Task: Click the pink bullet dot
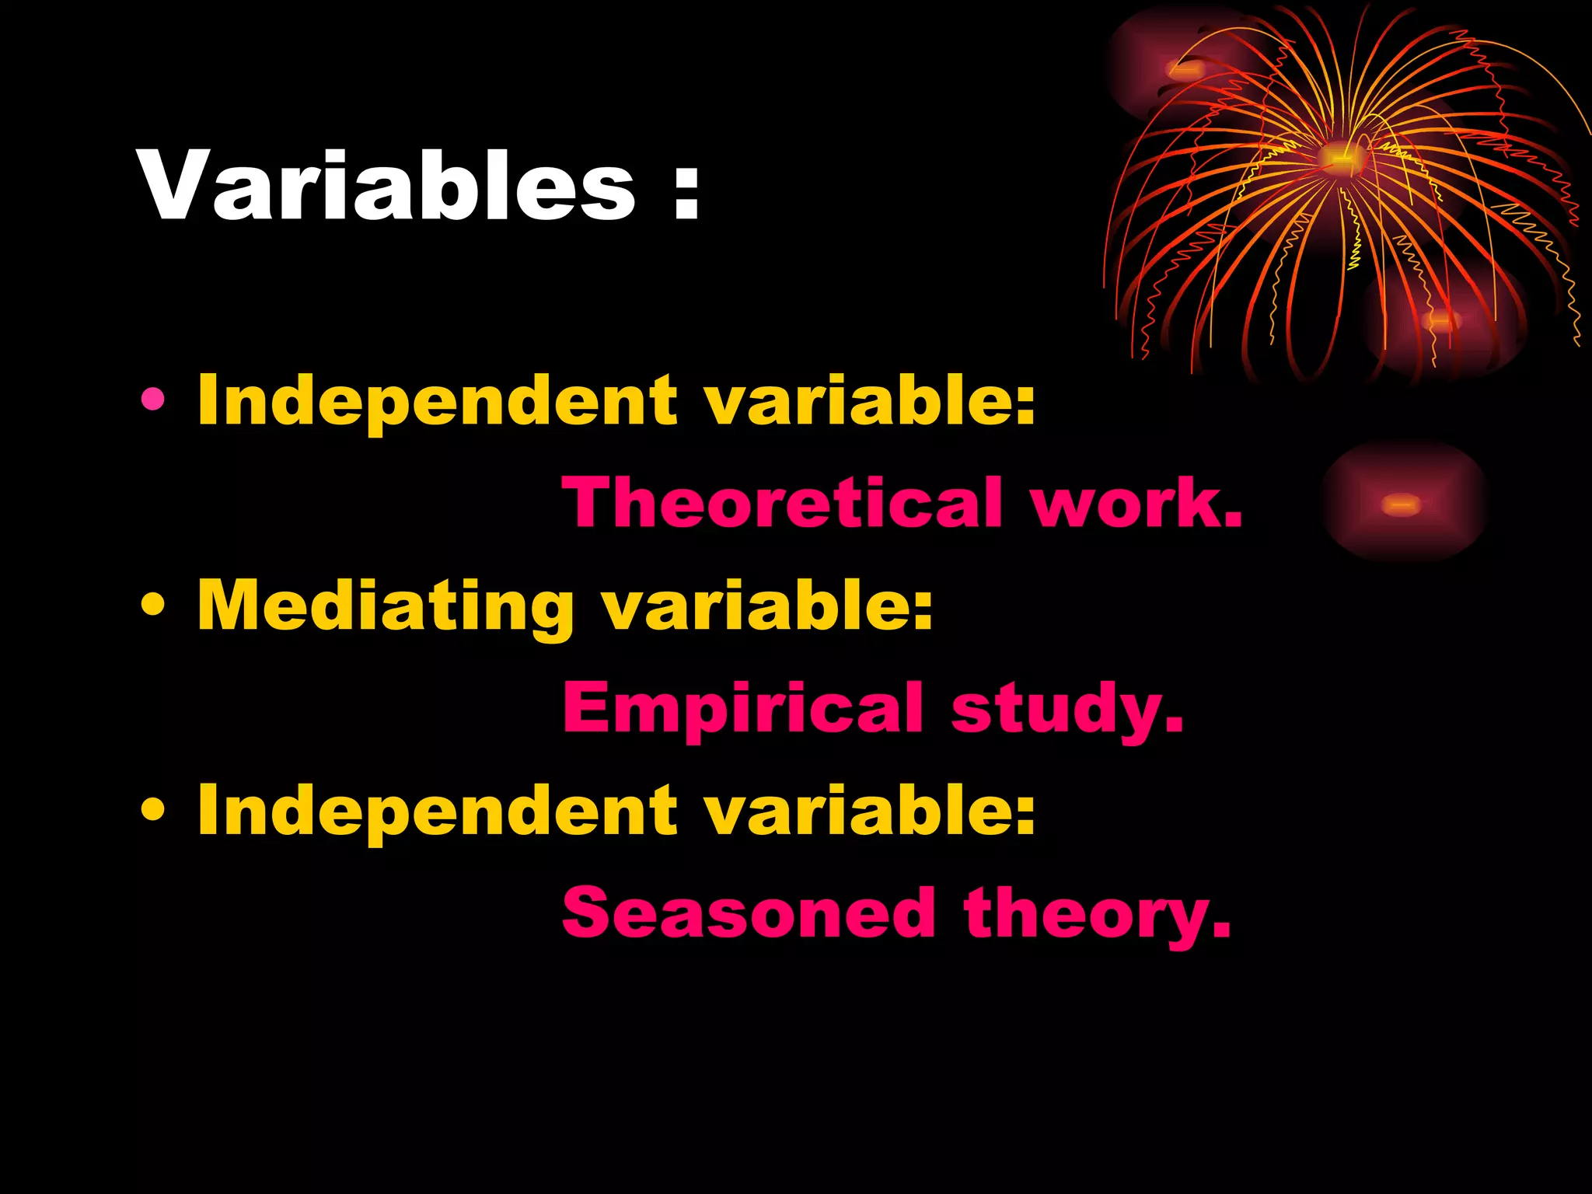tap(153, 400)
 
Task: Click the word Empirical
tap(743, 707)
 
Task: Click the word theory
tap(1097, 914)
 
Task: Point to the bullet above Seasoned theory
tap(153, 810)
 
